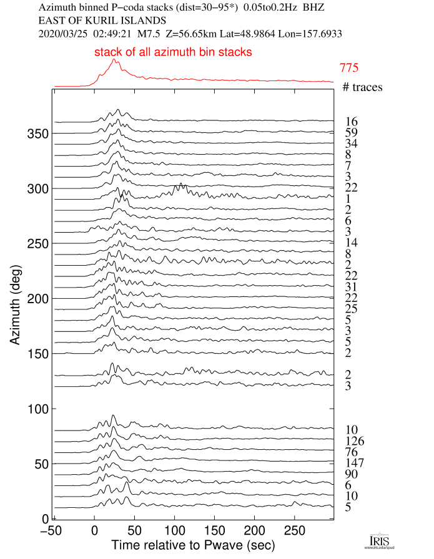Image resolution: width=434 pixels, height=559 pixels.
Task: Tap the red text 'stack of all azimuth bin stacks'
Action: click(x=173, y=52)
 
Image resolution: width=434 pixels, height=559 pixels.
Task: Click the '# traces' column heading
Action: click(x=362, y=87)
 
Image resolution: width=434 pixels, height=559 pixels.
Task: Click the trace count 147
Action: click(x=356, y=463)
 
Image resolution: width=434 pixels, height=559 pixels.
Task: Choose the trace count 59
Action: click(x=351, y=132)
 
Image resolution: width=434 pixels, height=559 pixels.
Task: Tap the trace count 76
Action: click(x=352, y=452)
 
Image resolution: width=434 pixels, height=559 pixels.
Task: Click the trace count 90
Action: click(x=352, y=474)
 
